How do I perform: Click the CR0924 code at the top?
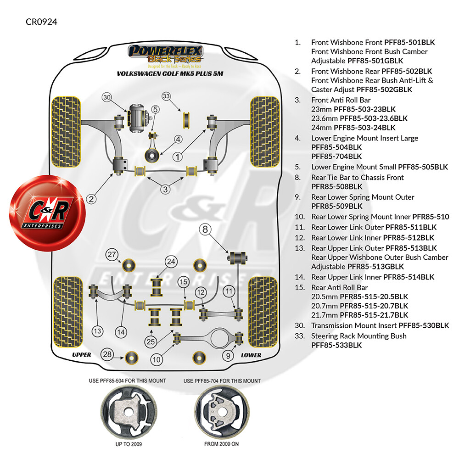pyautogui.click(x=41, y=22)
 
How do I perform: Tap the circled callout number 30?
pyautogui.click(x=107, y=97)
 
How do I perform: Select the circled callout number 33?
pyautogui.click(x=166, y=96)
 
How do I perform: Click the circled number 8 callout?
pyautogui.click(x=205, y=229)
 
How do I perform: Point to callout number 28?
pyautogui.click(x=107, y=354)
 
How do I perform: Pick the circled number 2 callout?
pyautogui.click(x=91, y=199)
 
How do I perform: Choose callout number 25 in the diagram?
pyautogui.click(x=151, y=341)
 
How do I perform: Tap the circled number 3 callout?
pyautogui.click(x=165, y=190)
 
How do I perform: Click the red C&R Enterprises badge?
pyautogui.click(x=47, y=213)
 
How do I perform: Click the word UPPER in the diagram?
pyautogui.click(x=81, y=355)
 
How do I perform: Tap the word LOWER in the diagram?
pyautogui.click(x=251, y=355)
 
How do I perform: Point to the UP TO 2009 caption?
pyautogui.click(x=129, y=444)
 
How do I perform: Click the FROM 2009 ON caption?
pyautogui.click(x=221, y=444)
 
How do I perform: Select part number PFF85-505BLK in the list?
pyautogui.click(x=423, y=167)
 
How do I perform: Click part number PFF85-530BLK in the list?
pyautogui.click(x=424, y=325)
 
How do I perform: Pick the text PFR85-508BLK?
pyautogui.click(x=336, y=186)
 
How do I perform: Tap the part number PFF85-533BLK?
pyautogui.click(x=336, y=345)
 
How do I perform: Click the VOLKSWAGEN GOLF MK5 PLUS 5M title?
pyautogui.click(x=170, y=74)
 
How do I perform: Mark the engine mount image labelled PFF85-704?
pyautogui.click(x=222, y=412)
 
